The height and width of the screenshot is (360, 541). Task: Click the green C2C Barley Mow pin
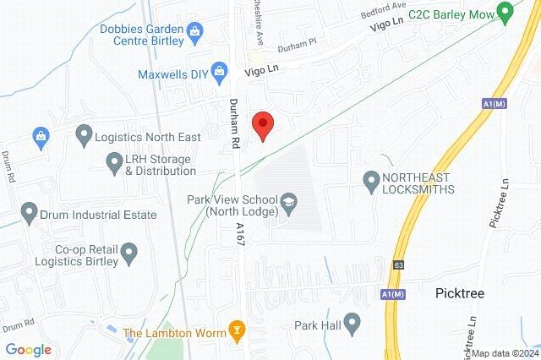pyautogui.click(x=505, y=13)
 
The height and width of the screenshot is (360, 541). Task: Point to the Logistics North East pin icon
pyautogui.click(x=84, y=134)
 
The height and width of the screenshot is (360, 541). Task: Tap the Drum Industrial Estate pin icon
pyautogui.click(x=30, y=210)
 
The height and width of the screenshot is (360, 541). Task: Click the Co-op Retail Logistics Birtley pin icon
pyautogui.click(x=129, y=251)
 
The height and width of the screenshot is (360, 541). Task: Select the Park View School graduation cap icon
pyautogui.click(x=289, y=203)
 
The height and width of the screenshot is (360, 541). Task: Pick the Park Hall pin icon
pyautogui.click(x=352, y=323)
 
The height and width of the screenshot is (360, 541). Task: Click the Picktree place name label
pyautogui.click(x=462, y=292)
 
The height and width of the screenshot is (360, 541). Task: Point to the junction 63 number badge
pyautogui.click(x=397, y=265)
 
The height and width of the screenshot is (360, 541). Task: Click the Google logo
pyautogui.click(x=28, y=348)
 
